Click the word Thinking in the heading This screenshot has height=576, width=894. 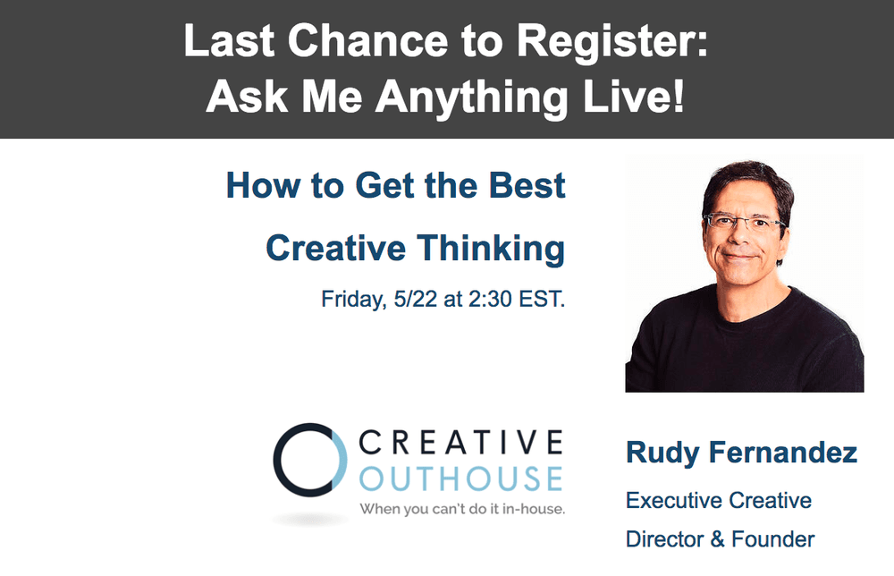(x=493, y=248)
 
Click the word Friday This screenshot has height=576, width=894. (x=351, y=299)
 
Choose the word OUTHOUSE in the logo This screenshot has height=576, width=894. (x=460, y=478)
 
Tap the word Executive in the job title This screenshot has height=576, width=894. (x=673, y=500)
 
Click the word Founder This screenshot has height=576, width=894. (x=772, y=539)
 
